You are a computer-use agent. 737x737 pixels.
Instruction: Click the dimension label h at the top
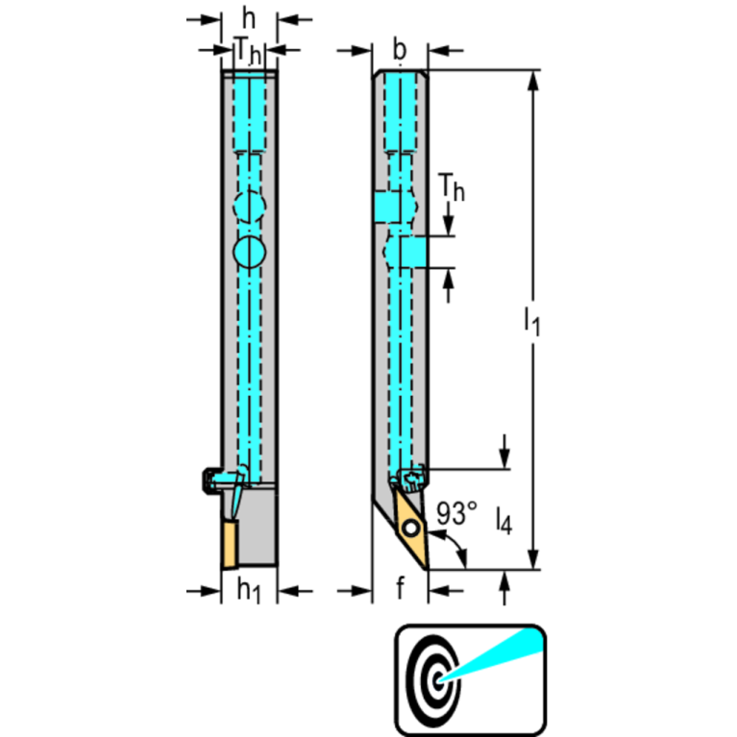[x=249, y=17]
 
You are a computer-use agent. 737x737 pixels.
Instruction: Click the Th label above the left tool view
[x=248, y=51]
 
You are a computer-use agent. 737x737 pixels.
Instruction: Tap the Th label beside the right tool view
[x=451, y=189]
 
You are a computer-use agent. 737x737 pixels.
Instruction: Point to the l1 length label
[x=531, y=320]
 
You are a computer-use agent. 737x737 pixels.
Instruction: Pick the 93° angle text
[x=456, y=513]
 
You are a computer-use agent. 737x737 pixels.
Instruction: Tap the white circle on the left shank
[x=249, y=252]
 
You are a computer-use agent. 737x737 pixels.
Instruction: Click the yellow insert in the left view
[x=231, y=543]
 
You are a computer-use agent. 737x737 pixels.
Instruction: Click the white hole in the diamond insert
[x=410, y=528]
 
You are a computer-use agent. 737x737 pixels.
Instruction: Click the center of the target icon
[x=439, y=677]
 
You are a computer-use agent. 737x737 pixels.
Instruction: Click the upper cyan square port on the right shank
[x=388, y=206]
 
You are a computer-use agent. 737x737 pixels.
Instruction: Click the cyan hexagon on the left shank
[x=249, y=206]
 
